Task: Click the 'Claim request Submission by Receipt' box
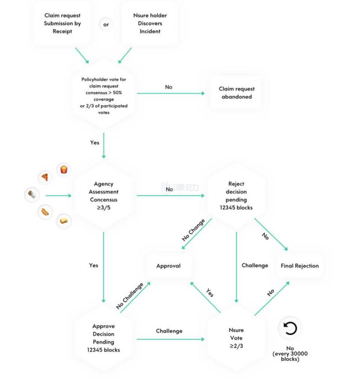coord(62,23)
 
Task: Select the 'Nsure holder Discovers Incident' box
coord(150,23)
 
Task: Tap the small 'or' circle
coord(106,25)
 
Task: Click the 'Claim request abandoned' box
coord(236,93)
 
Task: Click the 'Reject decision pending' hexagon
coord(236,195)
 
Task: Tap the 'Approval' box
coord(168,266)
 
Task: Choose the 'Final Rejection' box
coord(300,266)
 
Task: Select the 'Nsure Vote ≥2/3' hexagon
coord(236,338)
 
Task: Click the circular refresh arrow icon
coord(290,329)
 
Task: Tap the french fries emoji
coord(64,170)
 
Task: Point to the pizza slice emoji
coord(45,177)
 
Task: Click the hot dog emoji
coord(45,212)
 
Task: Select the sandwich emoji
coord(63,221)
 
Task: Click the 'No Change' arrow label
coord(193,230)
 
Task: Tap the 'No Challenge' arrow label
coord(130,296)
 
